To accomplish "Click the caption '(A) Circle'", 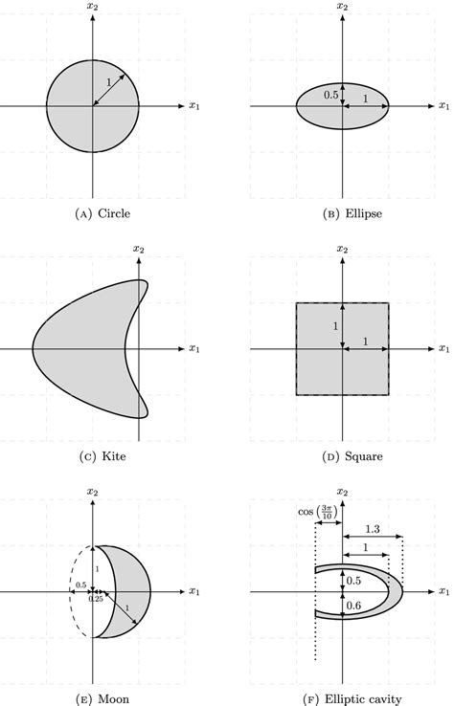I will pos(92,212).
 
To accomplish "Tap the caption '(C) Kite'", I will pos(92,456).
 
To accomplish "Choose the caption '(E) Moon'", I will pos(92,700).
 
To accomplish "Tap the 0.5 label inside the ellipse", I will pos(330,95).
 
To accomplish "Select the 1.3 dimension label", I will pos(372,527).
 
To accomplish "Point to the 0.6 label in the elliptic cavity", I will pos(353,605).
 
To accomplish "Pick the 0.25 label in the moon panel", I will pos(96,599).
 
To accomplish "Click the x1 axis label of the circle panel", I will pos(194,105).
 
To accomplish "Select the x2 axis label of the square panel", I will pos(341,249).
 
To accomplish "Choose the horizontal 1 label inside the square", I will pos(365,341).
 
